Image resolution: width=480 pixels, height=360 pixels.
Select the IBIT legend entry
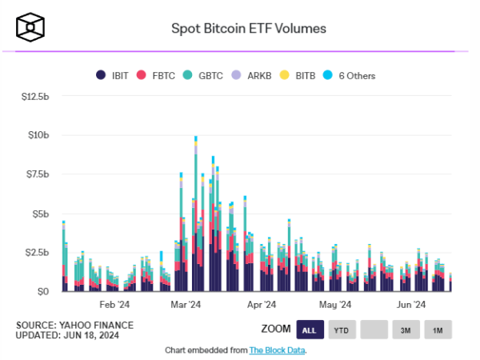tap(113, 75)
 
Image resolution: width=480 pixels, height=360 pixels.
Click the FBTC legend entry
tap(156, 75)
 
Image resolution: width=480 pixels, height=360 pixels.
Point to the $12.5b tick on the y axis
tap(34, 97)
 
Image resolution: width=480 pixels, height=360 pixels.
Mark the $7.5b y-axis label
tap(36, 174)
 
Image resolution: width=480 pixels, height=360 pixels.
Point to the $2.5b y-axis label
tap(36, 253)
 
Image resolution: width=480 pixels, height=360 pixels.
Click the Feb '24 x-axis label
tap(114, 305)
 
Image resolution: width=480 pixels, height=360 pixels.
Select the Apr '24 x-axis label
tap(261, 305)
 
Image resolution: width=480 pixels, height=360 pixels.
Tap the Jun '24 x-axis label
tap(410, 305)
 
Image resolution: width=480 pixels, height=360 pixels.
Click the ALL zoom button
tap(310, 329)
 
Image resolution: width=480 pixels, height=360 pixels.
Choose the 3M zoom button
tap(406, 329)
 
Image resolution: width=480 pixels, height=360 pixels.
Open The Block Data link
tap(277, 350)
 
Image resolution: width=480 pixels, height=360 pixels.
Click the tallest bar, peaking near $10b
tap(195, 216)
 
